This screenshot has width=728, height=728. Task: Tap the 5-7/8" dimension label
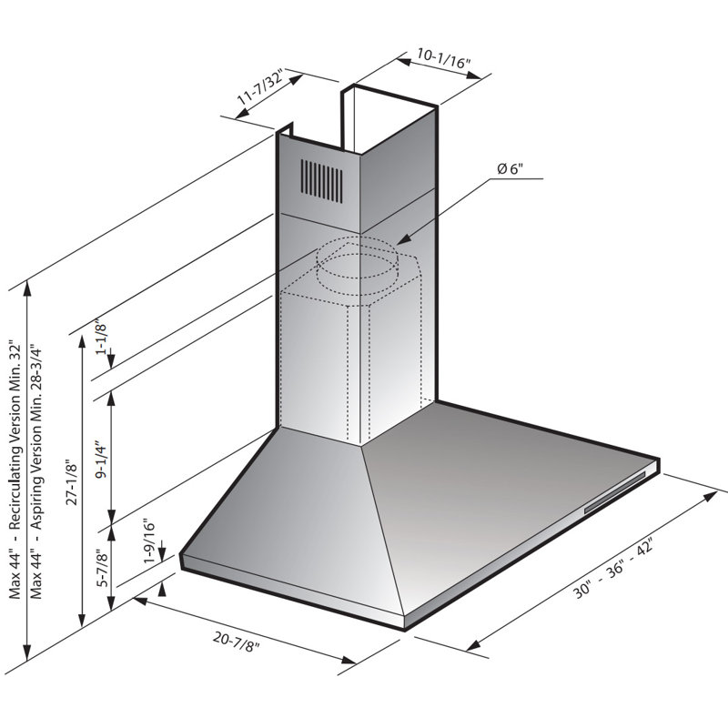[102, 570]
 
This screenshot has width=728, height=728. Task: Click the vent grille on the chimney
[322, 179]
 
